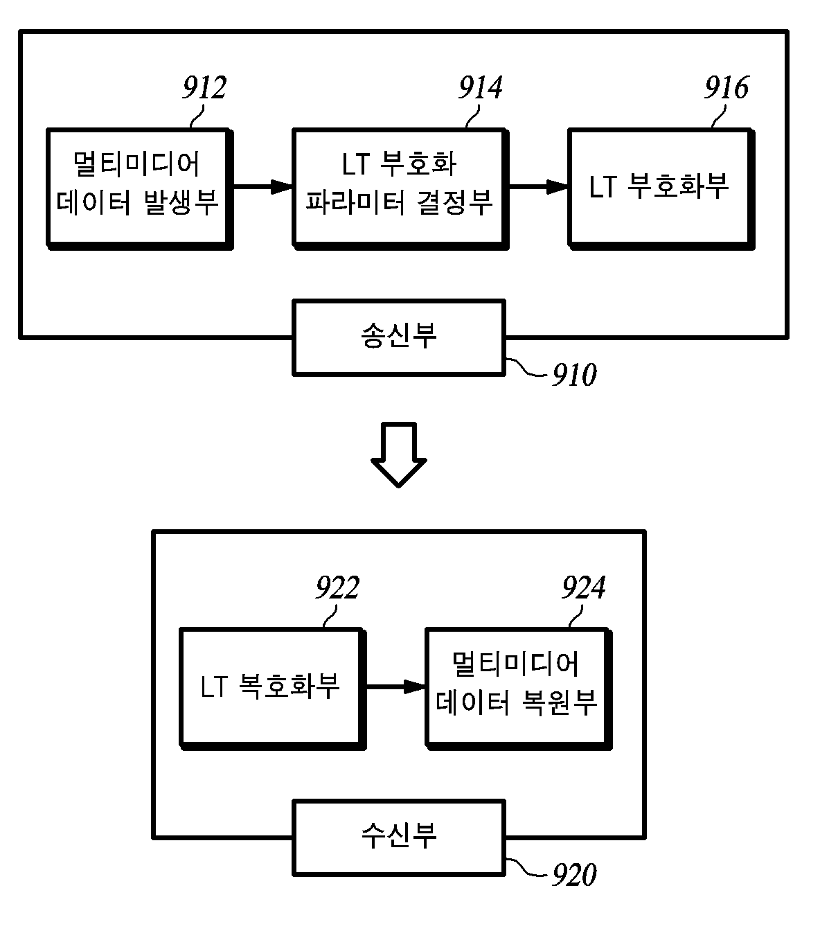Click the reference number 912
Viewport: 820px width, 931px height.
click(x=204, y=87)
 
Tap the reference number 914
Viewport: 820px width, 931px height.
click(x=481, y=87)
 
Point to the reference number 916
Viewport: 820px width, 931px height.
click(x=727, y=87)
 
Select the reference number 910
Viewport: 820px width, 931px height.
click(x=574, y=375)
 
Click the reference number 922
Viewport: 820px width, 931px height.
click(x=338, y=587)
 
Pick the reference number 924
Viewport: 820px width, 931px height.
click(x=584, y=587)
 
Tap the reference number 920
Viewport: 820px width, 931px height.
click(x=574, y=874)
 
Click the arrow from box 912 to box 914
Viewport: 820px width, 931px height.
click(x=262, y=186)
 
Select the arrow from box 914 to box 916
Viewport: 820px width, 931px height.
click(x=538, y=186)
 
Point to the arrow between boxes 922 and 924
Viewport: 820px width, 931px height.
click(x=396, y=686)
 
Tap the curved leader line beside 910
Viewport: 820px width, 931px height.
click(x=526, y=368)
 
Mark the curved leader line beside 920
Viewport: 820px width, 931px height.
click(x=526, y=867)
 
